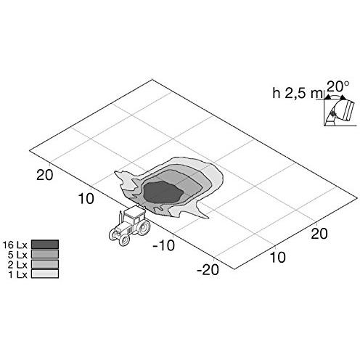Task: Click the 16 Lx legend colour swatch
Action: (x=45, y=244)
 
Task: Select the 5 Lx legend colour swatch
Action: (x=45, y=254)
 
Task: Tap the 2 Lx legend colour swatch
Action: (x=45, y=263)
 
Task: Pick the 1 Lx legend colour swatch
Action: (x=45, y=274)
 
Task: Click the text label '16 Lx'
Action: (x=15, y=245)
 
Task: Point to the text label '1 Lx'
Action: (x=18, y=274)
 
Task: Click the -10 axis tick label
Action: (x=163, y=245)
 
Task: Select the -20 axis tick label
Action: (x=208, y=269)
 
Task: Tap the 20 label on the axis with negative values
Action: (x=44, y=175)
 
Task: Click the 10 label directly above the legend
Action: (x=86, y=198)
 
